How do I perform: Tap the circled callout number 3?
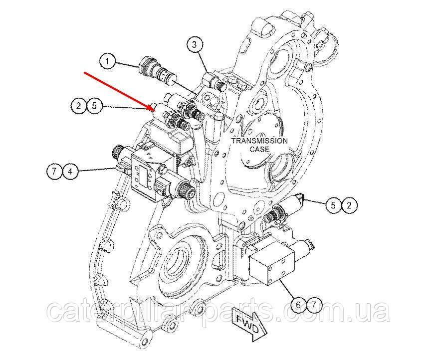(195, 44)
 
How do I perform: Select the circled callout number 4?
(70, 171)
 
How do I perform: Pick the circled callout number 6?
(298, 305)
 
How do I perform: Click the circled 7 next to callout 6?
(314, 305)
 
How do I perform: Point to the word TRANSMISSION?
(259, 141)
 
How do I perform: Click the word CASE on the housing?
(259, 149)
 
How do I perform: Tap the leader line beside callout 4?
(96, 169)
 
